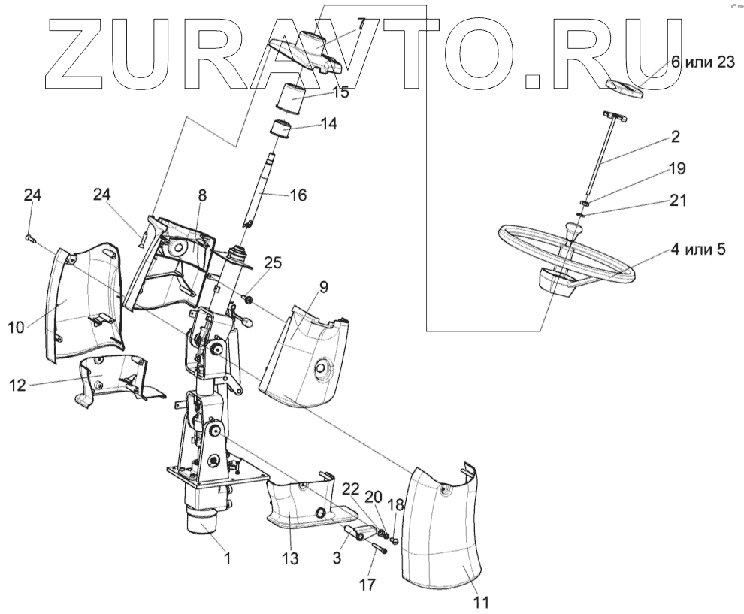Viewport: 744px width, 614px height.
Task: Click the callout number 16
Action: click(298, 195)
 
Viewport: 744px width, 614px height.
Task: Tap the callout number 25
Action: click(273, 262)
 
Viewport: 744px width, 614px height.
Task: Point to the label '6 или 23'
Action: click(702, 62)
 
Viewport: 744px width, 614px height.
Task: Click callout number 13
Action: click(290, 559)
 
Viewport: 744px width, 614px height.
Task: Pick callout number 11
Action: click(481, 602)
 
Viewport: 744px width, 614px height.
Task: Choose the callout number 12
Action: click(17, 386)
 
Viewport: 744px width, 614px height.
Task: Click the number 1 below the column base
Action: click(226, 558)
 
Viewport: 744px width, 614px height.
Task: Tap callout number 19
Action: click(677, 168)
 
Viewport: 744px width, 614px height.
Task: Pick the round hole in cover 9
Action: click(322, 367)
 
